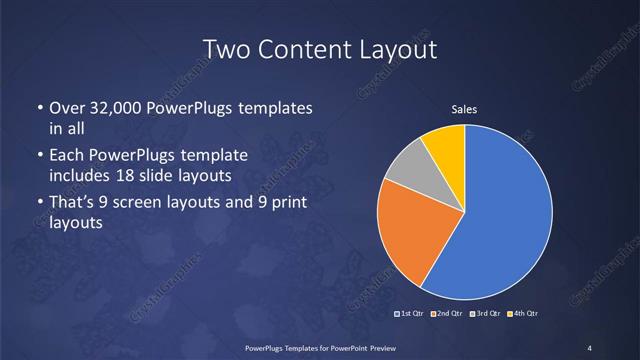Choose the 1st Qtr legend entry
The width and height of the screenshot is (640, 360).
412,313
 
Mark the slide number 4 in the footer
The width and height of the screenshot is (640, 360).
589,347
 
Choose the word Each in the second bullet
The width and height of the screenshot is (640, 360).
67,156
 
